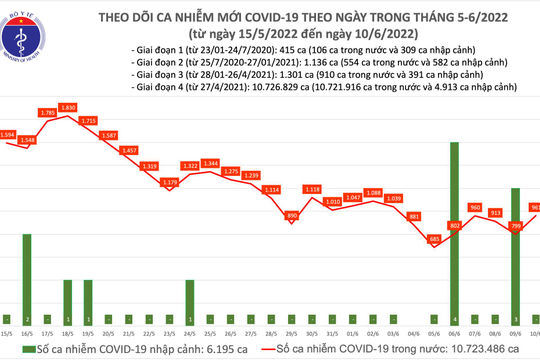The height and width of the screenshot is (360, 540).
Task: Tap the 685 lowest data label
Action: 433,238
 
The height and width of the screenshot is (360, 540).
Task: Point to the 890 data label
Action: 293,215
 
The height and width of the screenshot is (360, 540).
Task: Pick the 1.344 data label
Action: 211,162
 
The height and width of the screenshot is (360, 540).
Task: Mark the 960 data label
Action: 475,208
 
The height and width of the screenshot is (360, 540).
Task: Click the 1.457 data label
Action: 129,150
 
